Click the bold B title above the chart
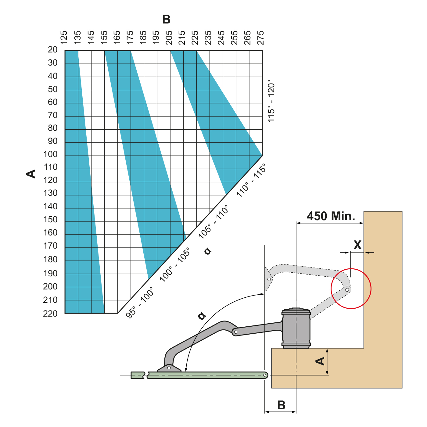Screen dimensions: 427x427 [166, 19]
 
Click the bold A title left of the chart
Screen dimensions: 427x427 [31, 174]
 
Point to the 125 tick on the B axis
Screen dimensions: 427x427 [64, 38]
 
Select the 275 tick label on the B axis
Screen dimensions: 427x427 [260, 38]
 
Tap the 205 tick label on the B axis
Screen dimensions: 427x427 [169, 38]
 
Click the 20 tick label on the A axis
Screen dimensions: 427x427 [53, 50]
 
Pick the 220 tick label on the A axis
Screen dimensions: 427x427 [50, 314]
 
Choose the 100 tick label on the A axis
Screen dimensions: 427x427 [51, 154]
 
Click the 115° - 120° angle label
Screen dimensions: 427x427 [271, 101]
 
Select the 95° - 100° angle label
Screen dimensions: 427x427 [139, 303]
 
